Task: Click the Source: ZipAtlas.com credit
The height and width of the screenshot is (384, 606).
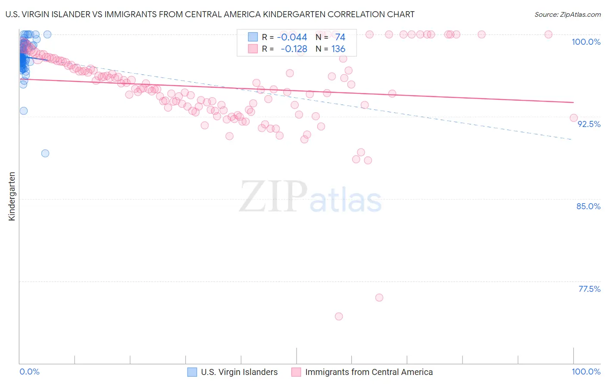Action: tap(567, 14)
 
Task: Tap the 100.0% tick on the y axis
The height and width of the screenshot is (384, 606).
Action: tap(586, 42)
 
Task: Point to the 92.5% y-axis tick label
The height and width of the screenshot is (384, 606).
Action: tap(589, 124)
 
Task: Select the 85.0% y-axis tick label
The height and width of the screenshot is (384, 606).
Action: tap(588, 206)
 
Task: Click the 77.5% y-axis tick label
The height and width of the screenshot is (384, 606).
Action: tap(589, 289)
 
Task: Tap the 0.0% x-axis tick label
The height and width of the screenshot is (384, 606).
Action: tap(29, 372)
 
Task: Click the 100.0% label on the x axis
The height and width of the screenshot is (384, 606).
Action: tap(586, 372)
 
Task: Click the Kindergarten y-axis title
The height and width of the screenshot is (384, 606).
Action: tap(12, 196)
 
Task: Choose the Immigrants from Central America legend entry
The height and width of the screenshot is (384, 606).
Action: tap(369, 372)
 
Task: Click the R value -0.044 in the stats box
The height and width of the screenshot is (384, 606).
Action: tap(292, 37)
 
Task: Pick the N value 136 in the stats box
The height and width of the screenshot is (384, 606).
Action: tap(338, 49)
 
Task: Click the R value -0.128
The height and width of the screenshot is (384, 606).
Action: tap(294, 49)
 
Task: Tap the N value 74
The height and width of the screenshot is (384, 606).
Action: tap(340, 37)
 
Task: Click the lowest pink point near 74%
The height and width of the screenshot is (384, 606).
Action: tap(339, 316)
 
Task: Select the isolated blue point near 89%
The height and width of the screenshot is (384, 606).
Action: tap(45, 153)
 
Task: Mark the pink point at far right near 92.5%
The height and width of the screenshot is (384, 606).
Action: tap(574, 118)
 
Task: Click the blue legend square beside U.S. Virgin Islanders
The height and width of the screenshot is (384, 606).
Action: tap(192, 372)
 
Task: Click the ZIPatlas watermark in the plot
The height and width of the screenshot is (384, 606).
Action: tap(310, 197)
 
